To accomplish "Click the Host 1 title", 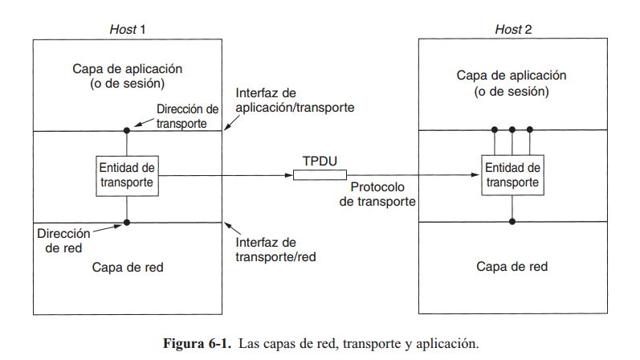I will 127,30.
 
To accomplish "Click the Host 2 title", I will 513,30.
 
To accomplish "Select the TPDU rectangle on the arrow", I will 320,175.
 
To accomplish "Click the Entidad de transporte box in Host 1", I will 126,174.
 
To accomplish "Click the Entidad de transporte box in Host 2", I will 512,174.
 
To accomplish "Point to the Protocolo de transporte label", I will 377,194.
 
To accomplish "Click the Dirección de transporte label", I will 187,116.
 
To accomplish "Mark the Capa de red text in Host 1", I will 127,267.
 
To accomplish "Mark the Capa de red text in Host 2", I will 512,267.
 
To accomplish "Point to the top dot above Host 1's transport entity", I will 127,130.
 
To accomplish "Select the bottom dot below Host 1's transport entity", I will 127,221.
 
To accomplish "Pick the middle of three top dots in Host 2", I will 512,130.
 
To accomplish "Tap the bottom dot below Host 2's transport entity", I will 512,221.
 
